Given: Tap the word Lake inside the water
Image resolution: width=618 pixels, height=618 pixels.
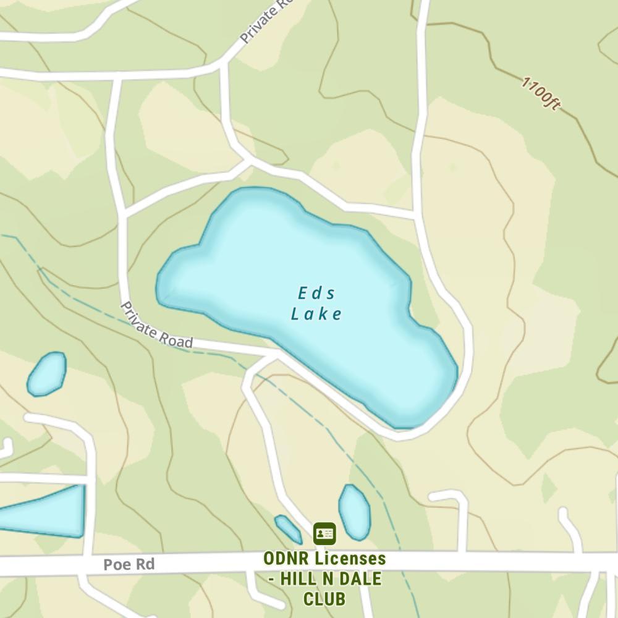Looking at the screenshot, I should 316,314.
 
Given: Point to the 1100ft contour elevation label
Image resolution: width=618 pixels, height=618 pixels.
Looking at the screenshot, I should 541,94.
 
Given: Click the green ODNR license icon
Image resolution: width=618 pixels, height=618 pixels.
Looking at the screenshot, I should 324,533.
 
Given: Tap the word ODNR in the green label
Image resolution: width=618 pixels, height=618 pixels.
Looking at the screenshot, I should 286,559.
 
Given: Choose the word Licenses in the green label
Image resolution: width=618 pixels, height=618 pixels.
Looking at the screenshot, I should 350,559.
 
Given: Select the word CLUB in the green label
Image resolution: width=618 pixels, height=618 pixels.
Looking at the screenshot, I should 324,599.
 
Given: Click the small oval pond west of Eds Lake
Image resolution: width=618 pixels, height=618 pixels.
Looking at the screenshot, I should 46,373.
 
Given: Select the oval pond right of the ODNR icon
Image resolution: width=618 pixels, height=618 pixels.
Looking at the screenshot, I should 354,512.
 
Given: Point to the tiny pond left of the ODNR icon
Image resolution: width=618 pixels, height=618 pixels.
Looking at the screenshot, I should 288,529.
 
